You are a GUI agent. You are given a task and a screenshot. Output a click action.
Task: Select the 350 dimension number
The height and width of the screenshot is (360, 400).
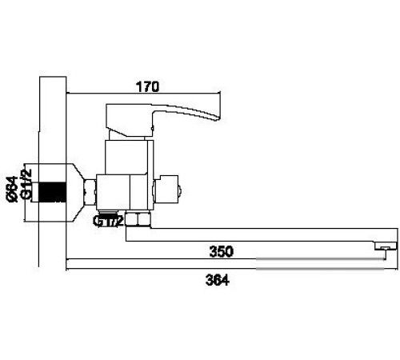221,251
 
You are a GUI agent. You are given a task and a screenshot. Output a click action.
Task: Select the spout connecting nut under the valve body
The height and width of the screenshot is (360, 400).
140,220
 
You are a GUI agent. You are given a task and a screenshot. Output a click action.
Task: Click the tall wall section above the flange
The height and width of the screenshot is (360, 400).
51,120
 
